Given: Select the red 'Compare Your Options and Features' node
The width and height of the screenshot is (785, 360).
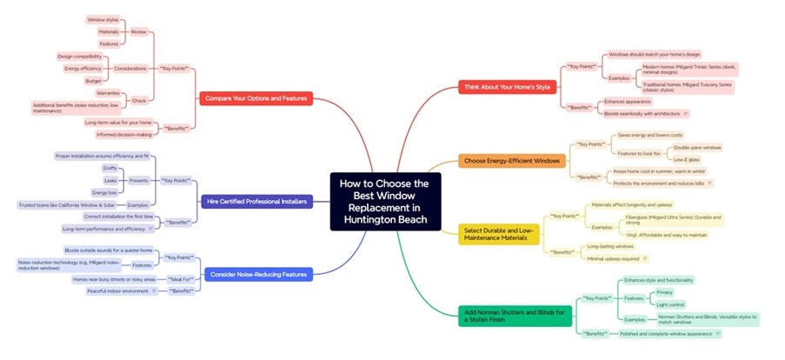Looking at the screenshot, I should click(x=254, y=98).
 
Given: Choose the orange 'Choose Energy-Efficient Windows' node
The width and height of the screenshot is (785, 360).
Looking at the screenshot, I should click(x=512, y=161).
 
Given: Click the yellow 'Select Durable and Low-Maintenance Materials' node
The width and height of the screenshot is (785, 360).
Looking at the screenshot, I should click(x=501, y=233).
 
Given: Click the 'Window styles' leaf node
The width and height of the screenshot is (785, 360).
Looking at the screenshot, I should click(x=104, y=19).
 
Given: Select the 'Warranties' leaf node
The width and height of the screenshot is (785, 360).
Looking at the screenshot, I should click(x=107, y=92).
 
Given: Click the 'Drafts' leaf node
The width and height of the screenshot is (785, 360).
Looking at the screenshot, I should click(x=110, y=168).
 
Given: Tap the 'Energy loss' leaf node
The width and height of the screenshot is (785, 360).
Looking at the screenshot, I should click(x=104, y=192).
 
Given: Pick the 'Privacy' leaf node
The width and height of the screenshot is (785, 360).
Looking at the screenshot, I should click(x=664, y=292).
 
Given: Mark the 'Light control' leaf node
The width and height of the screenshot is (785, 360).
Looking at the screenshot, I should click(x=670, y=304).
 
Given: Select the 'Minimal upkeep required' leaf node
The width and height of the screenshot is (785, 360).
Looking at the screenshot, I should click(x=613, y=258).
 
